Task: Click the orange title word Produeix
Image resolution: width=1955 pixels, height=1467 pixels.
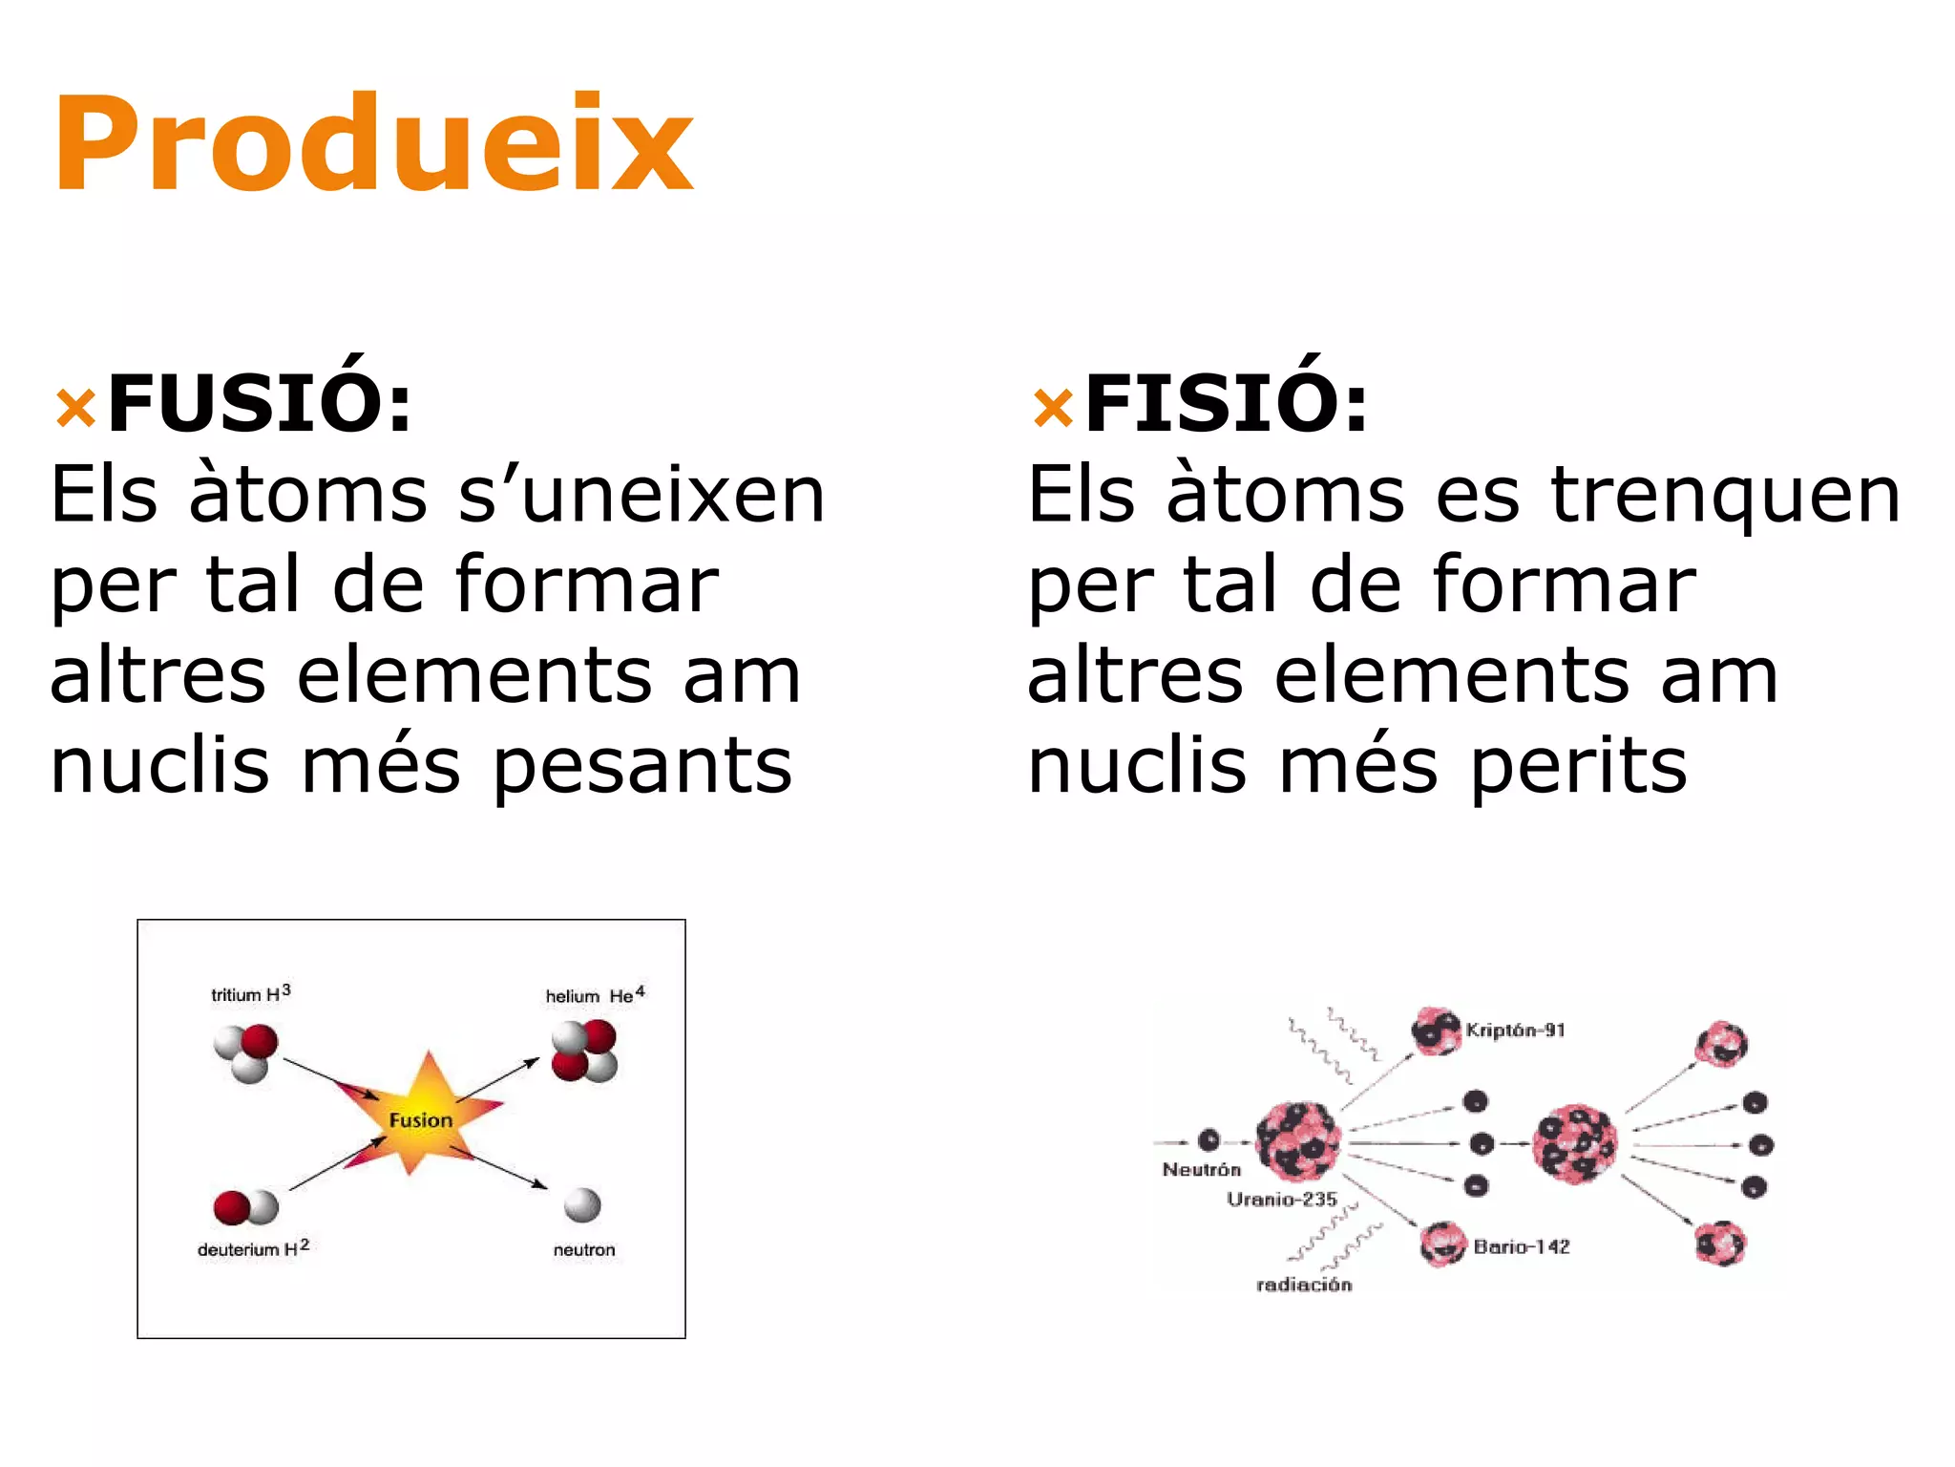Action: click(372, 145)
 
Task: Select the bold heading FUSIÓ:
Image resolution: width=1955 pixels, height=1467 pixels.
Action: click(260, 403)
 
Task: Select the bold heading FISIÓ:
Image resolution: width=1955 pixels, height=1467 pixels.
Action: click(1227, 403)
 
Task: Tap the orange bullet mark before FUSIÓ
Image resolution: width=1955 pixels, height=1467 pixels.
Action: click(75, 409)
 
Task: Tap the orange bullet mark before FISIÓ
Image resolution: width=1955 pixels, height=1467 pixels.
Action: click(1053, 409)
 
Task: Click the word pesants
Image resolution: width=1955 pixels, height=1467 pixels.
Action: click(642, 767)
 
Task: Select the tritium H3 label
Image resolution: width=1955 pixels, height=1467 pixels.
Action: click(250, 994)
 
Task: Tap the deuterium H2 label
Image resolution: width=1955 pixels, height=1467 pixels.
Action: click(253, 1249)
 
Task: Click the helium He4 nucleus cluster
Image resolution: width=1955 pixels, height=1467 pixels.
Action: click(584, 1051)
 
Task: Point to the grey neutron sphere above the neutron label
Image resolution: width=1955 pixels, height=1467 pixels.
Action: click(582, 1205)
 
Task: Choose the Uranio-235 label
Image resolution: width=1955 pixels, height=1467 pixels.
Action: click(1282, 1200)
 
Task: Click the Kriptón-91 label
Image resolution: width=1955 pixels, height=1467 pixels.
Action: click(1515, 1031)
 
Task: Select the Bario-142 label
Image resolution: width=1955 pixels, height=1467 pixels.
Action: click(1521, 1246)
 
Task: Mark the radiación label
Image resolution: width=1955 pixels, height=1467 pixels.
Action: click(1304, 1286)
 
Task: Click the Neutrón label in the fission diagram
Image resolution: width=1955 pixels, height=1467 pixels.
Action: click(1201, 1170)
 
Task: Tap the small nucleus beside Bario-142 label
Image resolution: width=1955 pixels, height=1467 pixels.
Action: click(1441, 1244)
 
